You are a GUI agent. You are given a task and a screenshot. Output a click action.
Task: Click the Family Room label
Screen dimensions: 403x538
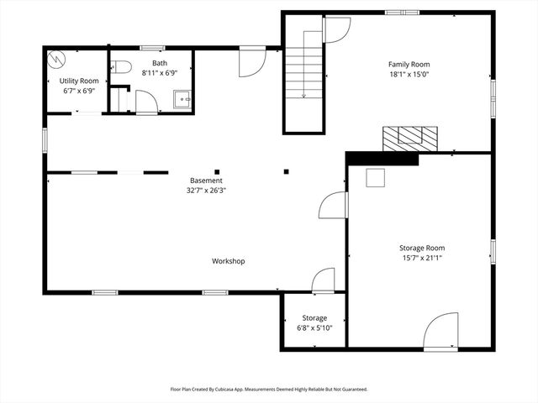(x=409, y=65)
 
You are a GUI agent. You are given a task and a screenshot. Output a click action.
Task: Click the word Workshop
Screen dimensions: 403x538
(x=228, y=261)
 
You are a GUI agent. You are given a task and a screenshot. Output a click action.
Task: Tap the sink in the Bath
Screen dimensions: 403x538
(x=182, y=101)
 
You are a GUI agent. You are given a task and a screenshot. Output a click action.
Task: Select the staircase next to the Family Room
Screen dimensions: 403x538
(x=303, y=72)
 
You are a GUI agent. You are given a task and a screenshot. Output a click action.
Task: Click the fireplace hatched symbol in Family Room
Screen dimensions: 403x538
(x=410, y=137)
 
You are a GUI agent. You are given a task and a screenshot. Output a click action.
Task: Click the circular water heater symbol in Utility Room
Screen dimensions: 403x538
(x=57, y=60)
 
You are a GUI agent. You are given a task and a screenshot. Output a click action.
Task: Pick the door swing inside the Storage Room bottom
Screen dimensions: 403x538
(x=441, y=332)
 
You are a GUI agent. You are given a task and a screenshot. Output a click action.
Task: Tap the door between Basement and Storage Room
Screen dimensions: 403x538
(x=335, y=207)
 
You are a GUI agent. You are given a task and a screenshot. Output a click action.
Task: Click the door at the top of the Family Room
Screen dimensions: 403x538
(x=337, y=29)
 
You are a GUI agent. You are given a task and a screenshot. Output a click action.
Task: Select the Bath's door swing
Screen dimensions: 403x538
(x=146, y=102)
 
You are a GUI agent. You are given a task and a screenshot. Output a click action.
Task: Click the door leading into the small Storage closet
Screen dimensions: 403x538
(x=324, y=280)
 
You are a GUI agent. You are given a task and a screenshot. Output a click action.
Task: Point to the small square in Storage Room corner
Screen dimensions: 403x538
(x=374, y=177)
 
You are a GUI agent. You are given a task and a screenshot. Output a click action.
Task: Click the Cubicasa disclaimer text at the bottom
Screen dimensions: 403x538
(x=269, y=390)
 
